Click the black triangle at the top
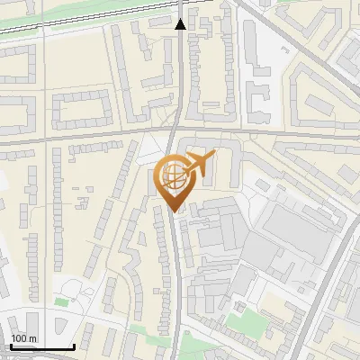[x=180, y=24]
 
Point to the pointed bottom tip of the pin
[x=174, y=211]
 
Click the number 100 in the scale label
[x=18, y=338]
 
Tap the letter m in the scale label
[x=32, y=338]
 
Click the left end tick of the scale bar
[x=11, y=345]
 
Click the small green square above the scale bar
[x=61, y=302]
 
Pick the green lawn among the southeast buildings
[x=240, y=319]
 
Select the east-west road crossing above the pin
[x=90, y=138]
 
